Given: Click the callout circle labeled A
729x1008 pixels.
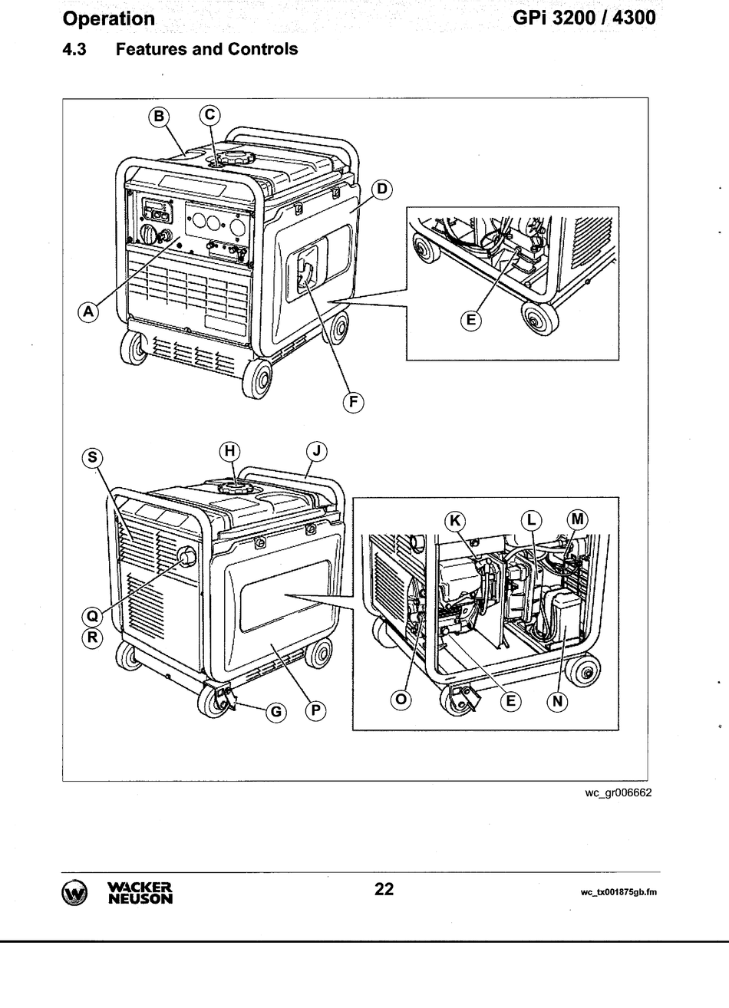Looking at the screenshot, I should point(88,311).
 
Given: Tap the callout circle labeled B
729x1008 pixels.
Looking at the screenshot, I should point(158,116).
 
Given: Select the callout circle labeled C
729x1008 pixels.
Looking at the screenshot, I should point(209,116).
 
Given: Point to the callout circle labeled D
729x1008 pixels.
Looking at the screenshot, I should point(381,189).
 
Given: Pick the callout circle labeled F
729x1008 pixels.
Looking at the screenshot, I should point(353,401).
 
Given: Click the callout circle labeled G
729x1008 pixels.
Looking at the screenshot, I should point(276,712).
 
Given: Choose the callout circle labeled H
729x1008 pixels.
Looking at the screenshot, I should point(230,452).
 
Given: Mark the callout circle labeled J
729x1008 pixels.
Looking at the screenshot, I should point(315,452).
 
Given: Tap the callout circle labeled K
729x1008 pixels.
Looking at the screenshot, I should point(455,520).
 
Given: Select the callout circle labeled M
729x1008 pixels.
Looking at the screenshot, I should point(578,520).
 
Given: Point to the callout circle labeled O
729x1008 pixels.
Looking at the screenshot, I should point(401,700).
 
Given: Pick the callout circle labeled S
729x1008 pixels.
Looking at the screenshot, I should point(92,458).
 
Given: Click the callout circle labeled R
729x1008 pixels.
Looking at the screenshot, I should point(92,637).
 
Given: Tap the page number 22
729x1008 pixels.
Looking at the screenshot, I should point(384,889).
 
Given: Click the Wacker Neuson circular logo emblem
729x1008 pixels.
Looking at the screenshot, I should point(75,893).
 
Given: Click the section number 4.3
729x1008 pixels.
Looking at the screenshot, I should point(74,50).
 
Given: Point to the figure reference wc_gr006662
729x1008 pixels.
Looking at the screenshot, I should point(617,793).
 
